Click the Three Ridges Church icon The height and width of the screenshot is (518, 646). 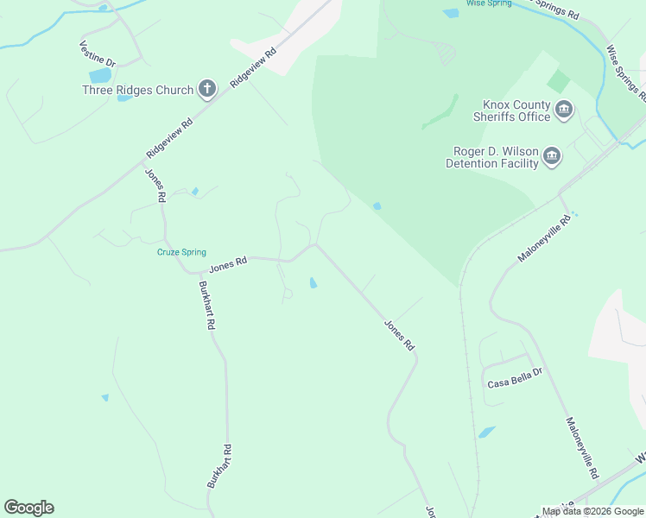coord(206,88)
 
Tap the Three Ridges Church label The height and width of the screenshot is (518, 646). coord(138,89)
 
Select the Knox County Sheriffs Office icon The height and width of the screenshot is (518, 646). coord(564,110)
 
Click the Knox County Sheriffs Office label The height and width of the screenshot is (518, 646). coord(512,111)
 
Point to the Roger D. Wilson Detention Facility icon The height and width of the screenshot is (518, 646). coord(552,156)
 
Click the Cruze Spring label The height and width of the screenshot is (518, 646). coord(181,252)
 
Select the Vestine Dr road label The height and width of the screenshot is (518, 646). coord(97,54)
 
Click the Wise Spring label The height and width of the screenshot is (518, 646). coord(488,3)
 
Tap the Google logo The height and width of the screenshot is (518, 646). coord(28,508)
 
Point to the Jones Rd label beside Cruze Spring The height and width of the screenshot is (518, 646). coord(228,263)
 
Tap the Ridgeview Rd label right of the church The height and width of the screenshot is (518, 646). coord(253,66)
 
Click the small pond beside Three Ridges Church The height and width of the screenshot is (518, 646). coord(125,98)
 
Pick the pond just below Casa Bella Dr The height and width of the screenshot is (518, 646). coord(487,432)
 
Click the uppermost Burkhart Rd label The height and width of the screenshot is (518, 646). coord(206,306)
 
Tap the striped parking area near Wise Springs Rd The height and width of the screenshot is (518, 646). coord(444,54)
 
